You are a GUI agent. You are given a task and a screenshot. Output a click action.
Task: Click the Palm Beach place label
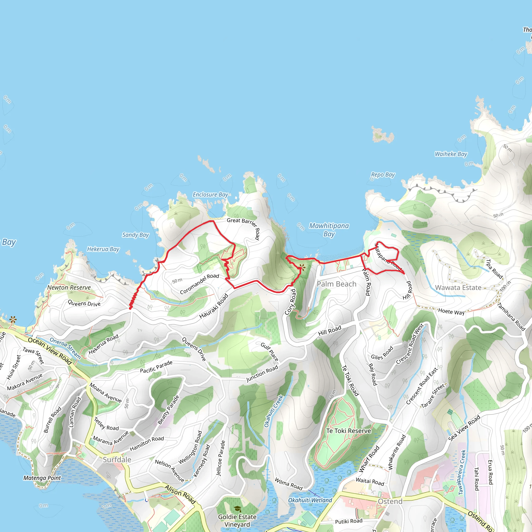click(x=336, y=284)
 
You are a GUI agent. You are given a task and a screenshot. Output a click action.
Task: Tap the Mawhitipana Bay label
click(x=329, y=230)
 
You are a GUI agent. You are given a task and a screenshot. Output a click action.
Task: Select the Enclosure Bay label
click(x=210, y=195)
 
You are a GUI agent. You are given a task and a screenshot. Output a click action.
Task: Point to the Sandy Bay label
click(x=136, y=235)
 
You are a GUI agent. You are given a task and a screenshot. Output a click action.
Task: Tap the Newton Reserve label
click(x=69, y=288)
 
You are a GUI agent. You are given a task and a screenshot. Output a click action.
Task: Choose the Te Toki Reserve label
click(x=348, y=431)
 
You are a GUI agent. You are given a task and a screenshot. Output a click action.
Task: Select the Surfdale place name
click(x=117, y=460)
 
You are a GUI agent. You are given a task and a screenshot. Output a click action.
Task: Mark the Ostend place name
click(x=390, y=501)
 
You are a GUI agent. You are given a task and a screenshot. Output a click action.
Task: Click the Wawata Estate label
click(x=458, y=288)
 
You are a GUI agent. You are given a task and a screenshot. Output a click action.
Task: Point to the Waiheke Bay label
click(x=451, y=154)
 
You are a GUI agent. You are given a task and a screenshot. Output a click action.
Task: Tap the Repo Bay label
click(x=383, y=175)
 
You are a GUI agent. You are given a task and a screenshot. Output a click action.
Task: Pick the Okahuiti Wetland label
click(x=310, y=500)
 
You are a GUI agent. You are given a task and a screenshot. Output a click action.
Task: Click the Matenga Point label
click(x=42, y=478)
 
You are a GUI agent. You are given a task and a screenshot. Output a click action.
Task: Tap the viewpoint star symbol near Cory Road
click(x=302, y=267)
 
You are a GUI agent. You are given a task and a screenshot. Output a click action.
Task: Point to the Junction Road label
click(x=262, y=374)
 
